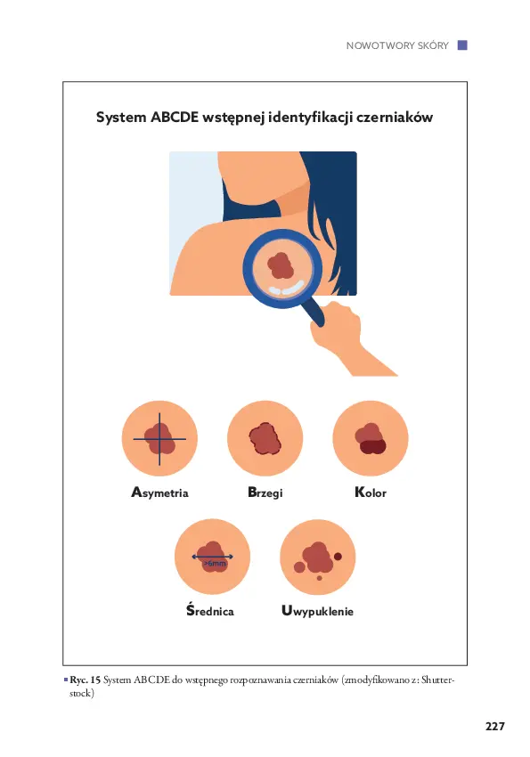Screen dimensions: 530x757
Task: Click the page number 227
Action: point(494,726)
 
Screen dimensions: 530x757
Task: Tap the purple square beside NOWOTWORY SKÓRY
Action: point(462,45)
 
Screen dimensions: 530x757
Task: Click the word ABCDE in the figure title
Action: point(175,118)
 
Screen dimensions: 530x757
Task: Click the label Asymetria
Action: point(159,492)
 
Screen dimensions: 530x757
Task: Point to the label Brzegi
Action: point(265,492)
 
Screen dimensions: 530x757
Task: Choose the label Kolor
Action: point(371,492)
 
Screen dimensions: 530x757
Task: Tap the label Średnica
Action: point(210,610)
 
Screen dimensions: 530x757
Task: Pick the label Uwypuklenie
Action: point(317,611)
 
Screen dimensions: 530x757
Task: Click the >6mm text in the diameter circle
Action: point(215,564)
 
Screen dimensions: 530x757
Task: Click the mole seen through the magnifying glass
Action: point(281,265)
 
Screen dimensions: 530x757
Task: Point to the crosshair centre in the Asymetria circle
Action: point(159,439)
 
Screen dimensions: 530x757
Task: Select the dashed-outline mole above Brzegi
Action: point(265,438)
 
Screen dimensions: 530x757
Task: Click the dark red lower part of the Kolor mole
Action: point(372,447)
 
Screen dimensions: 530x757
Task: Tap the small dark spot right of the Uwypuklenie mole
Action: point(338,557)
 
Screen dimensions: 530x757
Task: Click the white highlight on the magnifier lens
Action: point(287,289)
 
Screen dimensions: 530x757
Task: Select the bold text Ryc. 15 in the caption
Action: point(85,680)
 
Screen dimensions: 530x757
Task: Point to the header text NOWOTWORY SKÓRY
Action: point(397,45)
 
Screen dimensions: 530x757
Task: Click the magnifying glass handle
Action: point(314,312)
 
